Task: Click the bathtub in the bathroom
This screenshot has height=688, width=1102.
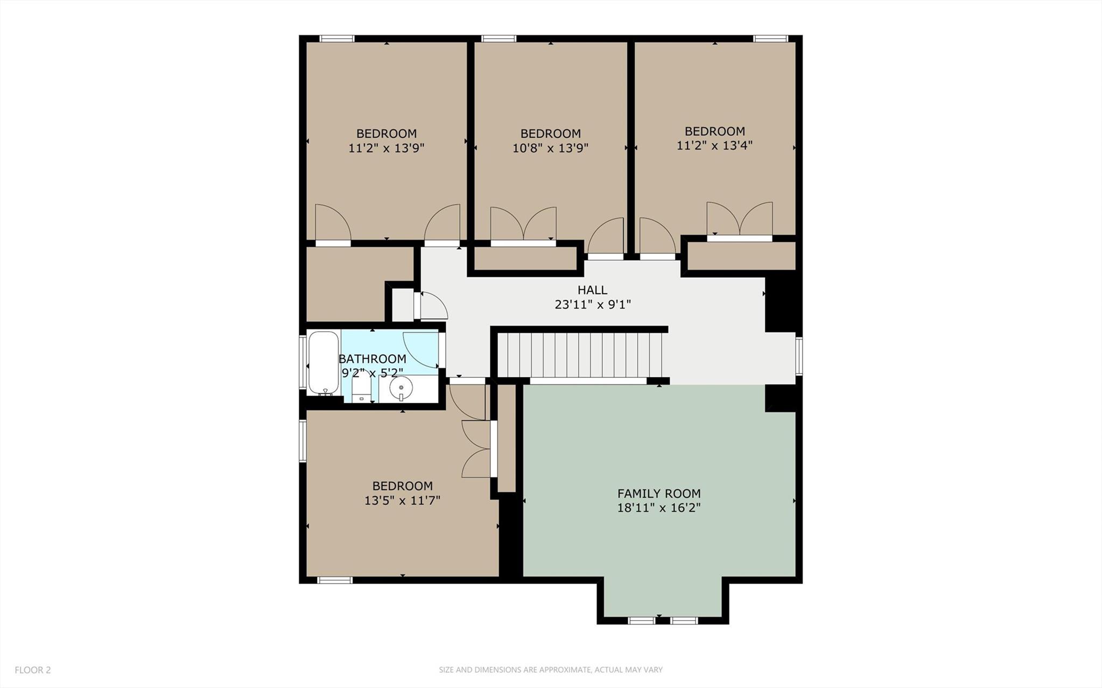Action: point(324,362)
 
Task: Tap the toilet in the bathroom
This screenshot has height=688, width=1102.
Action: point(361,388)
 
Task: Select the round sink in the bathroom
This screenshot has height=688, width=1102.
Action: point(401,388)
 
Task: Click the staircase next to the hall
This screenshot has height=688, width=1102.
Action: point(579,355)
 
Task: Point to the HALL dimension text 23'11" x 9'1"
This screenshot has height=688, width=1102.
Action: point(592,305)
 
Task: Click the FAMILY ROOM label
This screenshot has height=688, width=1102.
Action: point(658,493)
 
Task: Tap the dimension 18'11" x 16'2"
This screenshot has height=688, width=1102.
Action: point(658,508)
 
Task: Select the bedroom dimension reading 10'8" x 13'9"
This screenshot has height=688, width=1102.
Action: point(550,148)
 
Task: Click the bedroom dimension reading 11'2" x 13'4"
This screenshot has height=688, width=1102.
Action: point(714,145)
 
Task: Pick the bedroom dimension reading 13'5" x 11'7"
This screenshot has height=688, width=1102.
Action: point(402,501)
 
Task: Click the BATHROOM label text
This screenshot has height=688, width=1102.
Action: point(372,359)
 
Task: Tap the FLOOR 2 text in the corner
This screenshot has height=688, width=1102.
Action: point(33,670)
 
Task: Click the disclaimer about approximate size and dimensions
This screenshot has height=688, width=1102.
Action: point(550,670)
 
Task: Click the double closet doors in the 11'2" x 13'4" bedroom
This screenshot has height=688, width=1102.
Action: point(740,220)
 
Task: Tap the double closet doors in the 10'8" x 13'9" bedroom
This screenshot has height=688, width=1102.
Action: point(523,224)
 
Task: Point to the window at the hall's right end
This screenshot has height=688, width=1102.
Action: point(799,355)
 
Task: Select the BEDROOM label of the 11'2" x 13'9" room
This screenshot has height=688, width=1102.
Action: point(386,134)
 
